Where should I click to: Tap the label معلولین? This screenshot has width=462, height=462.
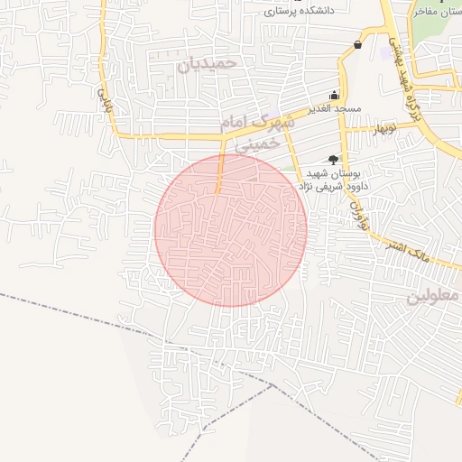(433, 296)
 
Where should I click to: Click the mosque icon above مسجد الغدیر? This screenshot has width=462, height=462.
(335, 95)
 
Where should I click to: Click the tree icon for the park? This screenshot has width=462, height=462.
(333, 159)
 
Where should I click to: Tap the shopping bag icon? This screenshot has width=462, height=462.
(358, 44)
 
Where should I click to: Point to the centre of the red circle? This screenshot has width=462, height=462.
(230, 230)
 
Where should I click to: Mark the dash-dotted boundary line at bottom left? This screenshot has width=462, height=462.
(54, 302)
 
